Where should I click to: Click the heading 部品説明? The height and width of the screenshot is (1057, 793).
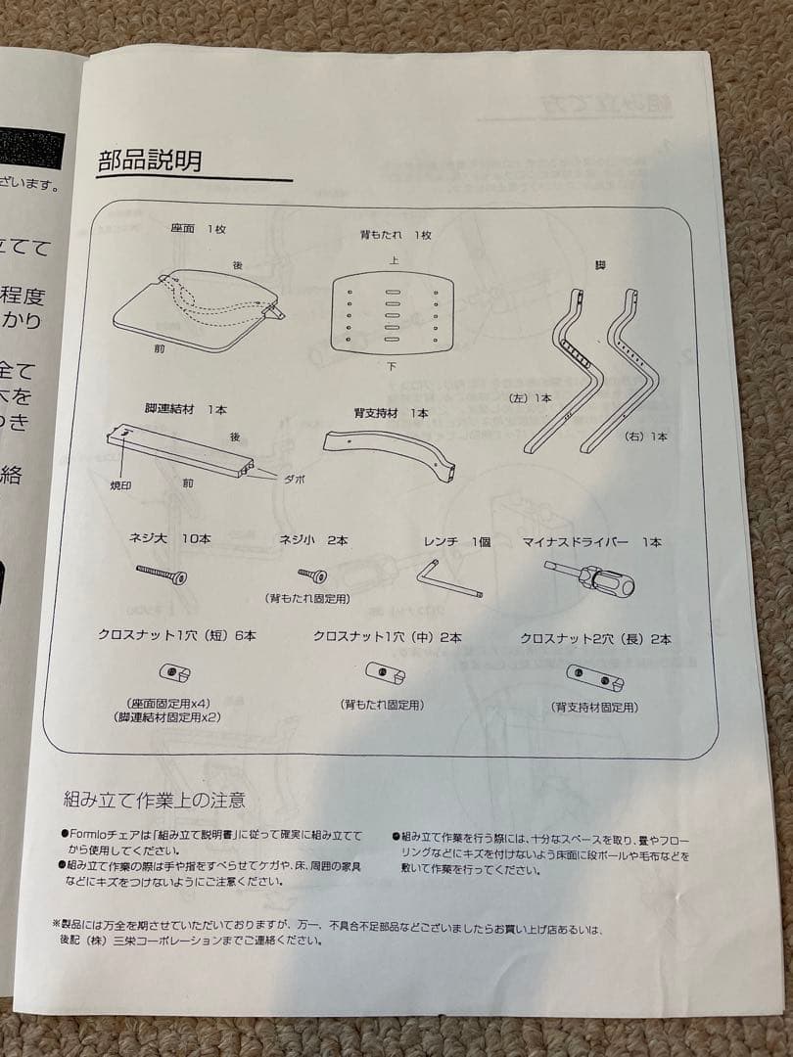pos(150,161)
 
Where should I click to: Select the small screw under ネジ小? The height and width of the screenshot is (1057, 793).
pos(312,574)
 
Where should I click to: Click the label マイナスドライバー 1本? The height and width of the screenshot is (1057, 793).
pos(591,541)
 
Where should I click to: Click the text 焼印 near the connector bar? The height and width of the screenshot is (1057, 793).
pos(120,484)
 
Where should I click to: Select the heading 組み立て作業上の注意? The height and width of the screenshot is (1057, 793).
pos(153,800)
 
